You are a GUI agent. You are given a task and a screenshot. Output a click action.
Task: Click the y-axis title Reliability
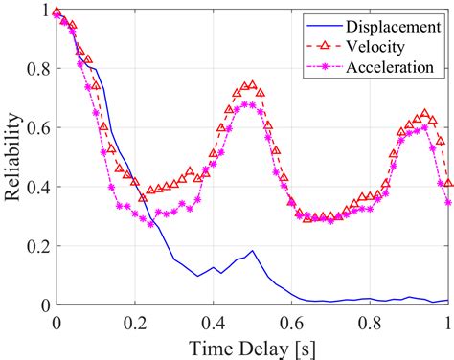[x=13, y=158]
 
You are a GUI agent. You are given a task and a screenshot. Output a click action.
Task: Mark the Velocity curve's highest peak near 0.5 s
[x=252, y=85]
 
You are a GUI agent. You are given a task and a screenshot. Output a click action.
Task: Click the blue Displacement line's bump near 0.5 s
[x=252, y=251]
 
